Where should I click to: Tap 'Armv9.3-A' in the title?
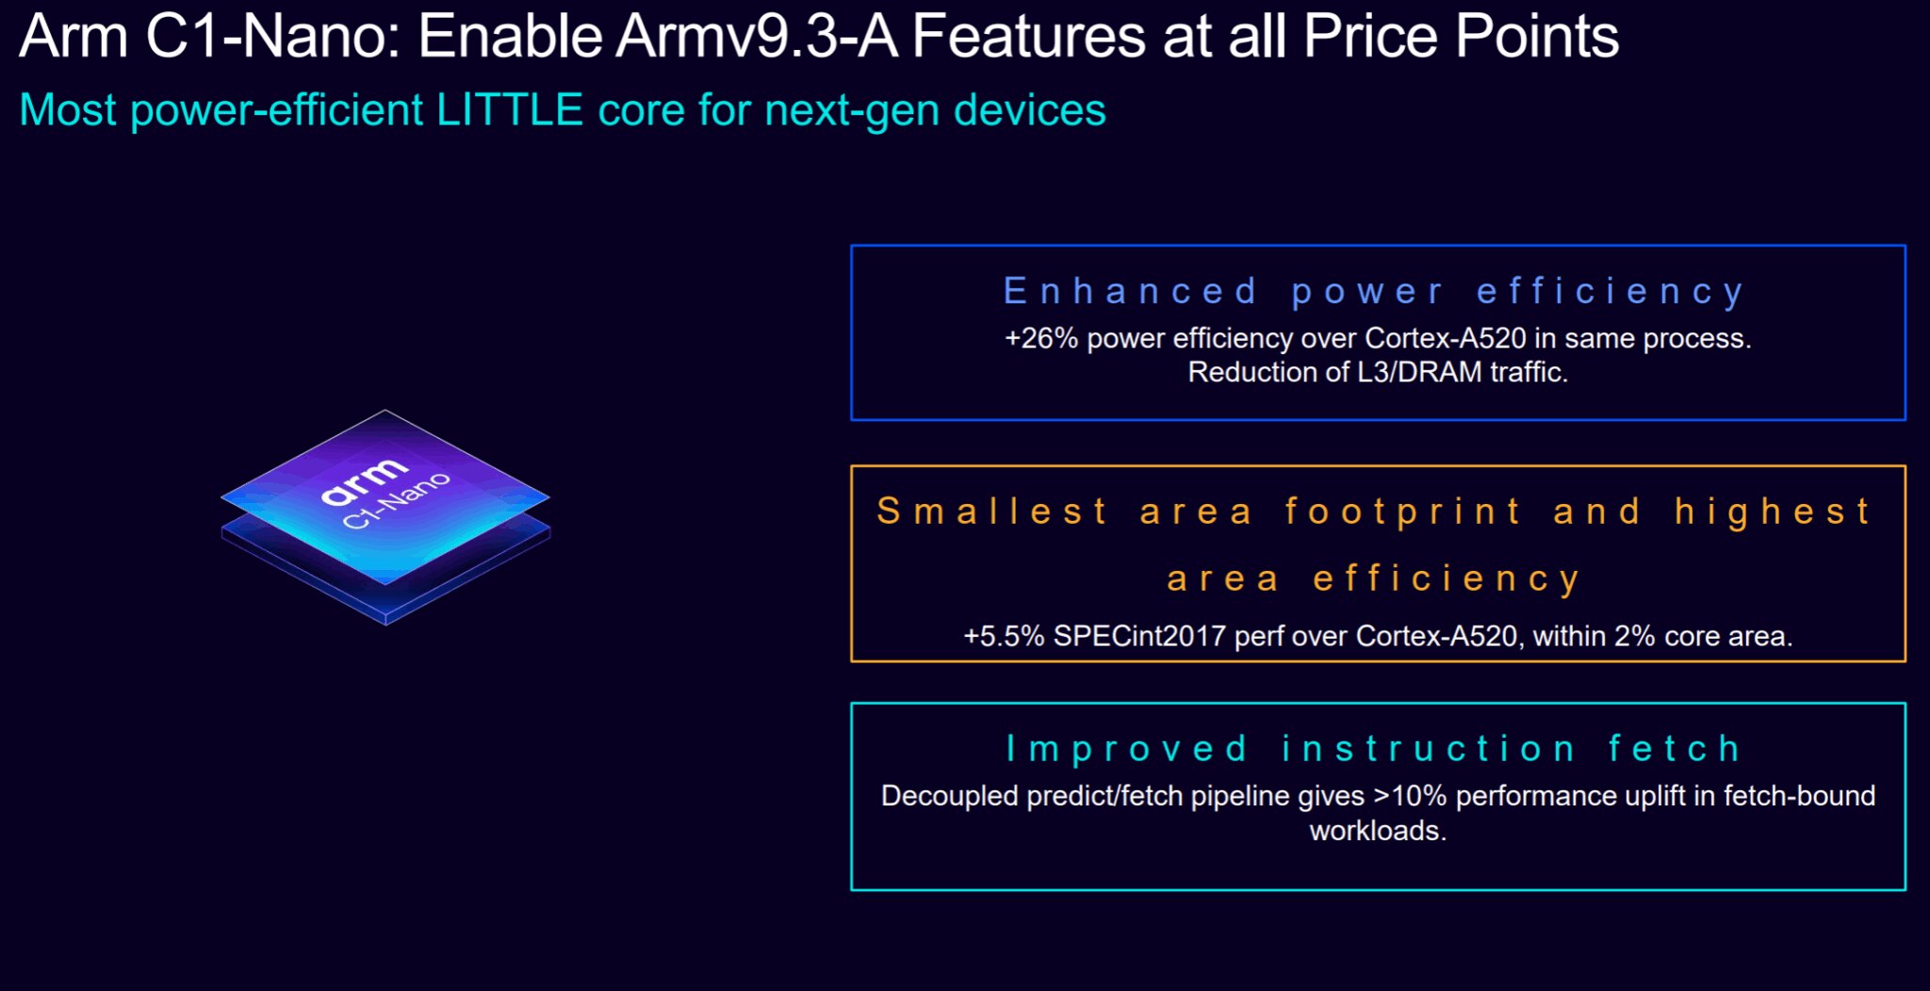[x=756, y=37]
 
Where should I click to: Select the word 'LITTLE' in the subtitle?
[x=509, y=110]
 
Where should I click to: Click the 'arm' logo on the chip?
[x=364, y=481]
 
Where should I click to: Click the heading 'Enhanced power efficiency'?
[x=1374, y=291]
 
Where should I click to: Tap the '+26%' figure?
[x=1040, y=338]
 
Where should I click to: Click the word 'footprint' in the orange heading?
[x=1403, y=512]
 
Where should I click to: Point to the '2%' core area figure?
[x=1634, y=636]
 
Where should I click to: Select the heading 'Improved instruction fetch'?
[x=1374, y=749]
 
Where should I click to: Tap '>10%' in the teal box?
[x=1410, y=796]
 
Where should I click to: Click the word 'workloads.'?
[x=1377, y=831]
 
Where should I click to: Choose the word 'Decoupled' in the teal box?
[x=949, y=796]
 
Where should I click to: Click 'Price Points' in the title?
[x=1461, y=37]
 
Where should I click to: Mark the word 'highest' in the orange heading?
[x=1773, y=512]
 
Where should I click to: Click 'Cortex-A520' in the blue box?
[x=1445, y=338]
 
